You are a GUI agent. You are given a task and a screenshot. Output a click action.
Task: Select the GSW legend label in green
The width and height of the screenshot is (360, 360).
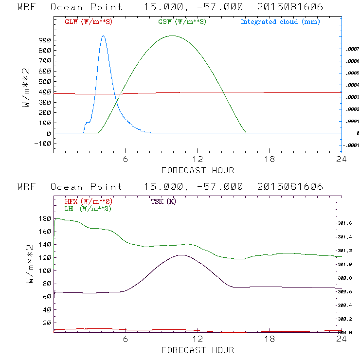coord(181,22)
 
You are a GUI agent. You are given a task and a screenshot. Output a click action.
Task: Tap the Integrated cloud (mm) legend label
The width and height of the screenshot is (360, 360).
coord(280,22)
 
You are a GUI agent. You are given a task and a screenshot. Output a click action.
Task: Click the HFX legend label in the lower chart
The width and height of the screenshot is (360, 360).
coord(88,201)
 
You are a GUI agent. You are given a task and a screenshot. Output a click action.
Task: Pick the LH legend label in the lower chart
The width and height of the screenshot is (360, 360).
coord(88,208)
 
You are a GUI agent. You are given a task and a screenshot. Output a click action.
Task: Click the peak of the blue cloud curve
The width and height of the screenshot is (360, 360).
coord(103,36)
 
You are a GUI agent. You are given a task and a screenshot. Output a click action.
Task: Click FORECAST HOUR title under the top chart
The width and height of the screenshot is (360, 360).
coord(198,171)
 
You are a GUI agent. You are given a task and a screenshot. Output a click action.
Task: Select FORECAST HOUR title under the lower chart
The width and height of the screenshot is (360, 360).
coord(198,350)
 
